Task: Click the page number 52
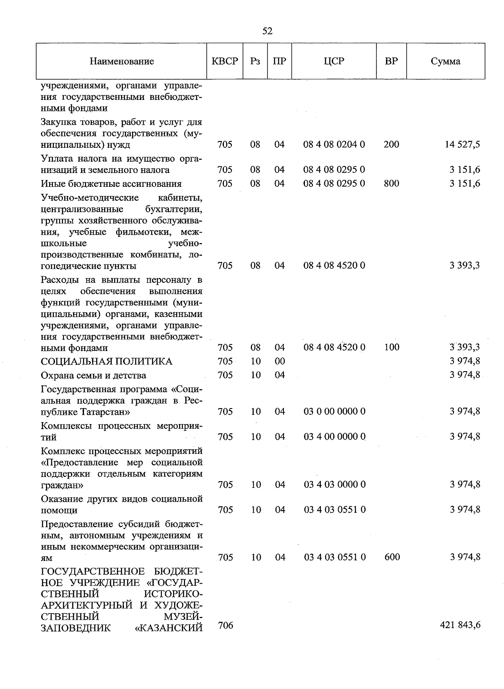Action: pos(267,31)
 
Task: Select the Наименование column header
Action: pos(121,61)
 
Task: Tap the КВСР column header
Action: pos(225,61)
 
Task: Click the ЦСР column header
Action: pos(334,61)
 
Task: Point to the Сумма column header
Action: pos(445,61)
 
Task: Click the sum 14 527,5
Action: pos(462,144)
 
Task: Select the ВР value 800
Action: pos(391,183)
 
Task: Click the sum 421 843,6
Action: pos(460,625)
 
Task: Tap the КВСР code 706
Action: pos(226,626)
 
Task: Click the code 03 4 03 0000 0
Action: pos(334,485)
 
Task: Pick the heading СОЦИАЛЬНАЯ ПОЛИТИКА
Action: pos(106,362)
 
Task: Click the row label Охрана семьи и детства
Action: pos(93,375)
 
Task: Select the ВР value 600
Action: pos(392,557)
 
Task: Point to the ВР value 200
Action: pos(391,144)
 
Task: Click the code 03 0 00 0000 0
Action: pos(334,411)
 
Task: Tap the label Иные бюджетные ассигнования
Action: pos(111,184)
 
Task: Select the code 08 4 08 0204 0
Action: pos(334,144)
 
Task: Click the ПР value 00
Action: pos(279,362)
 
